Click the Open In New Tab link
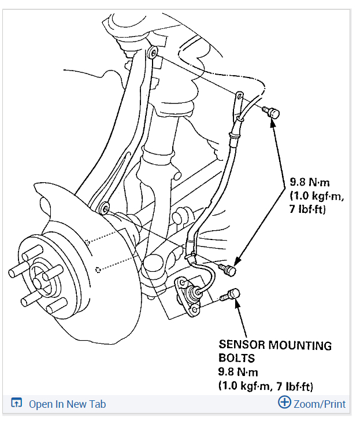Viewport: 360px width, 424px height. [x=67, y=404]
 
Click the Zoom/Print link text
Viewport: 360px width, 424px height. [x=320, y=404]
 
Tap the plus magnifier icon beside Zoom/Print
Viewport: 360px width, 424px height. [x=284, y=403]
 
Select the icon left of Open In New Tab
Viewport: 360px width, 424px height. [x=17, y=404]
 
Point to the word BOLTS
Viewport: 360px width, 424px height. [x=237, y=359]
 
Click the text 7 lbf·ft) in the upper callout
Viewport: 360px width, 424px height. [x=309, y=209]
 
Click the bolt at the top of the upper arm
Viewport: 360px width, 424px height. [x=152, y=53]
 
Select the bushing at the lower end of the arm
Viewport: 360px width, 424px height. [x=105, y=207]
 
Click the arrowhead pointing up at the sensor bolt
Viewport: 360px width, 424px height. [x=237, y=305]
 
